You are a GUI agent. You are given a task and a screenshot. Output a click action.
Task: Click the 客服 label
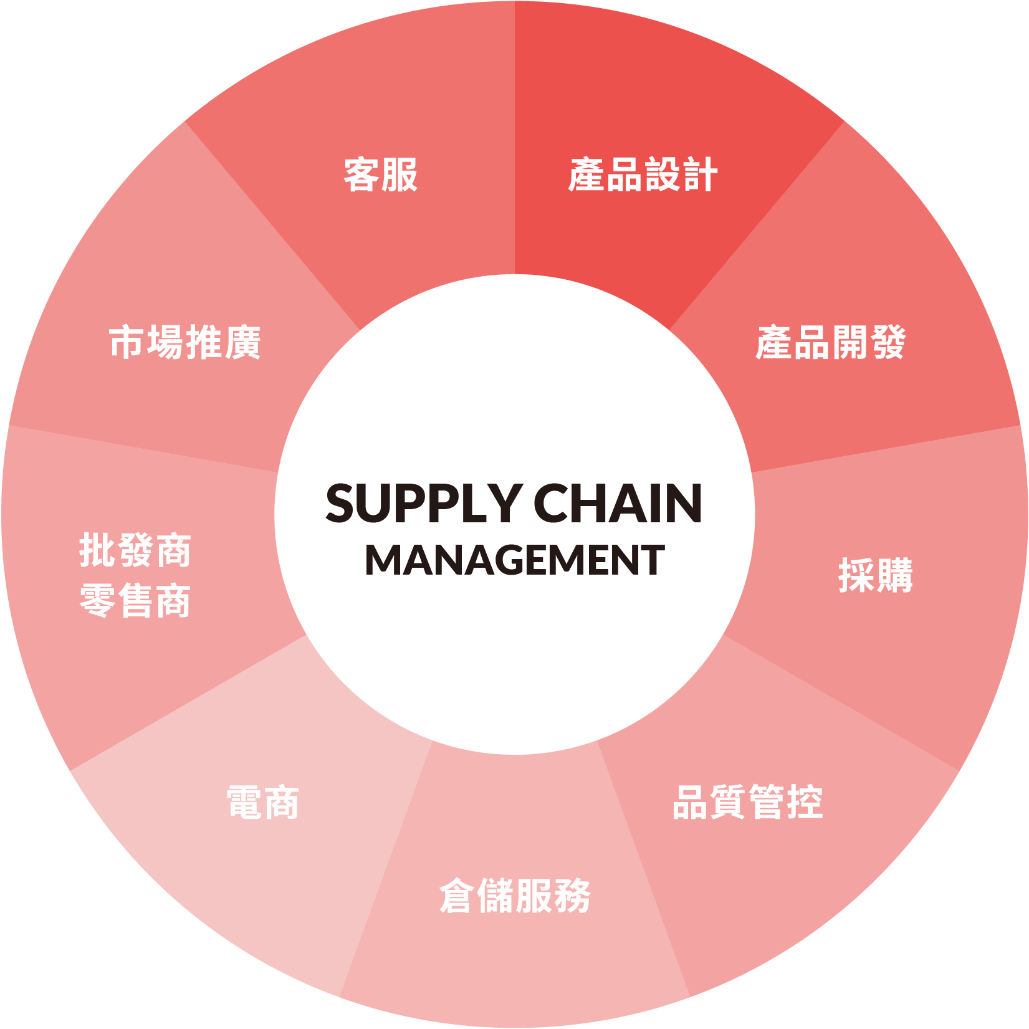click(x=381, y=175)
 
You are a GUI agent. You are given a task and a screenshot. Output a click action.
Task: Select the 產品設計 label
click(x=643, y=175)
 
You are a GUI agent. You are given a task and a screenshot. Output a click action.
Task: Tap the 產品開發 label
click(x=830, y=343)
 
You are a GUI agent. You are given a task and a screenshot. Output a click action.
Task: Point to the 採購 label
click(x=875, y=575)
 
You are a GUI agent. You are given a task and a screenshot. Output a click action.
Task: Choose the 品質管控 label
click(x=747, y=802)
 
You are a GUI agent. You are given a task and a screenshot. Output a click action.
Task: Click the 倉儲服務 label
click(x=515, y=896)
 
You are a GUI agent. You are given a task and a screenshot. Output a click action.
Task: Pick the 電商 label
click(x=263, y=803)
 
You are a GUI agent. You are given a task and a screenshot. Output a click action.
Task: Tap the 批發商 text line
click(x=135, y=551)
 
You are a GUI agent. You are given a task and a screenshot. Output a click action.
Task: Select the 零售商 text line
click(x=135, y=601)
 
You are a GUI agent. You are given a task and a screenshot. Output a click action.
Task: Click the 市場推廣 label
click(x=185, y=343)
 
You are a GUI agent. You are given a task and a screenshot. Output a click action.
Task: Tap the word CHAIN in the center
click(x=618, y=504)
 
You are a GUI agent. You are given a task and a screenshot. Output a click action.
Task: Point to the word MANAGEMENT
click(x=515, y=560)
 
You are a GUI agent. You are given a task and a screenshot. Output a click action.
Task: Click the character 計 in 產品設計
click(x=699, y=175)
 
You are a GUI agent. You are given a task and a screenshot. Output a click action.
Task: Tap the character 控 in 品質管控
click(x=805, y=802)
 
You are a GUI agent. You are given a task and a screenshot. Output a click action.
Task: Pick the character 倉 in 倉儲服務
click(x=457, y=896)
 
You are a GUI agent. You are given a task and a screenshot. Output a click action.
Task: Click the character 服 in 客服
click(x=400, y=175)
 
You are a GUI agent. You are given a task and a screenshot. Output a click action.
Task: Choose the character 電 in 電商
click(x=244, y=803)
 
